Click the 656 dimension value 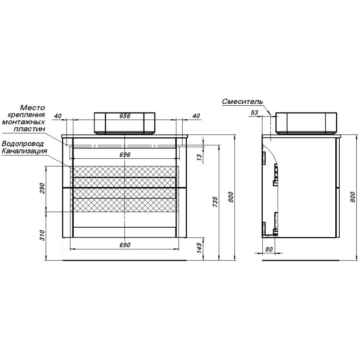click(x=125, y=116)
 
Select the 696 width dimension click(x=125, y=155)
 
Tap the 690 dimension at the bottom click(x=125, y=245)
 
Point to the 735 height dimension click(x=215, y=202)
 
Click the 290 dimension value click(x=43, y=188)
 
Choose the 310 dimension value click(x=43, y=235)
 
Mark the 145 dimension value click(x=199, y=248)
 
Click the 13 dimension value click(x=199, y=157)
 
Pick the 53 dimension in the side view click(x=254, y=113)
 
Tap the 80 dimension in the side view click(x=269, y=249)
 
